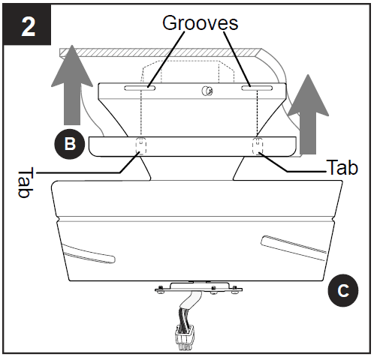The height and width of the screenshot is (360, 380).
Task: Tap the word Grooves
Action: coord(200,22)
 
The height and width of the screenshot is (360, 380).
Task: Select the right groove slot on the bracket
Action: coord(255,88)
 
